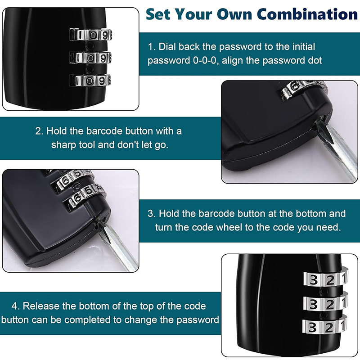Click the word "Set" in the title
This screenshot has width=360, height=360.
click(158, 14)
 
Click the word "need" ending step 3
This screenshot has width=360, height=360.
click(326, 227)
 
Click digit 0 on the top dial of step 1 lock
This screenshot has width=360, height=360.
click(92, 34)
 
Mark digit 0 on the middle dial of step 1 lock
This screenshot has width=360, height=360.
click(92, 58)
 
